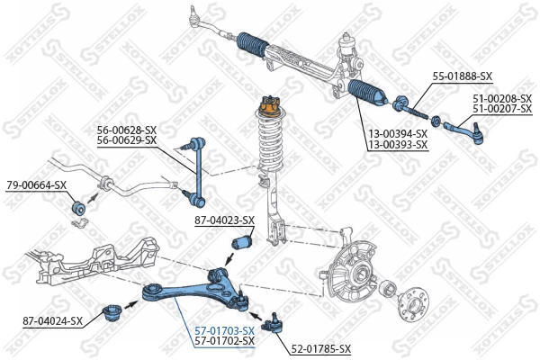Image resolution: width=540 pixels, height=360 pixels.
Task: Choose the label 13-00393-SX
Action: tap(397, 144)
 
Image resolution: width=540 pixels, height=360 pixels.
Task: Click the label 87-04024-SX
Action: tap(51, 320)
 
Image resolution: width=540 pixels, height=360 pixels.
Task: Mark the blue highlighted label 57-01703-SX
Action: tap(225, 330)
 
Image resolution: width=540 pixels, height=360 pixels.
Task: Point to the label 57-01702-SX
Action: tap(225, 341)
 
